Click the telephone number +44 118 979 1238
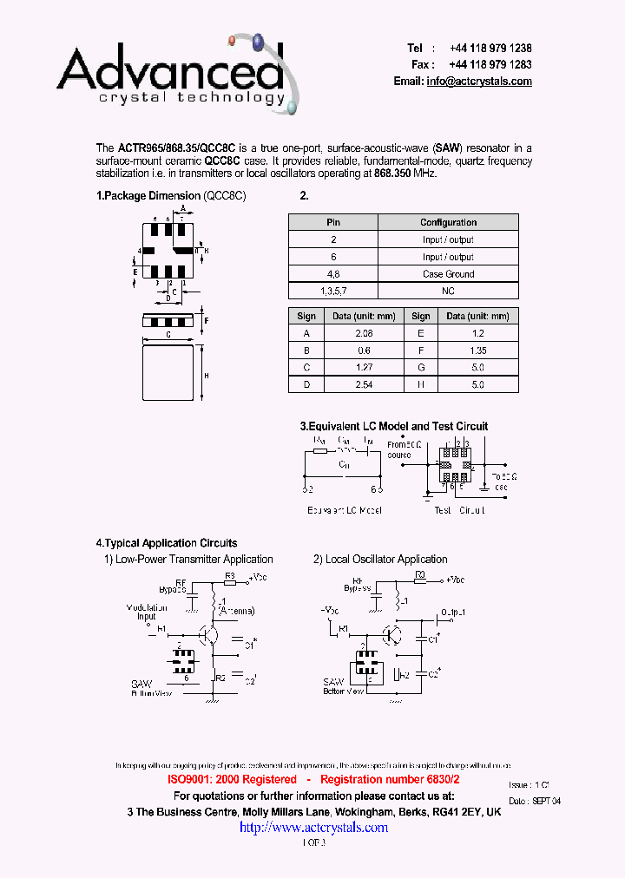point(490,49)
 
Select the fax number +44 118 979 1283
point(490,65)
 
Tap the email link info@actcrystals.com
point(479,82)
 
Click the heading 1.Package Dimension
point(148,196)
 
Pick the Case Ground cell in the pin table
point(448,274)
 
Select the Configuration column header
point(448,223)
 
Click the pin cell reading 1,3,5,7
point(333,292)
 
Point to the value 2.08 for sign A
point(364,333)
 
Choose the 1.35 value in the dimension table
point(477,351)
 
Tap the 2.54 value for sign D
point(364,384)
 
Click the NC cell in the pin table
point(448,292)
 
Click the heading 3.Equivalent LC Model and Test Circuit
point(393,426)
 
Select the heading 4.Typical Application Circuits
point(167,543)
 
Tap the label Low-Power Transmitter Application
point(194,560)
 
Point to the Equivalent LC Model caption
point(345,510)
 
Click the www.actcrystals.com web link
point(313,828)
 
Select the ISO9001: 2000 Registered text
point(232,780)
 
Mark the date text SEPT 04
point(547,801)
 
